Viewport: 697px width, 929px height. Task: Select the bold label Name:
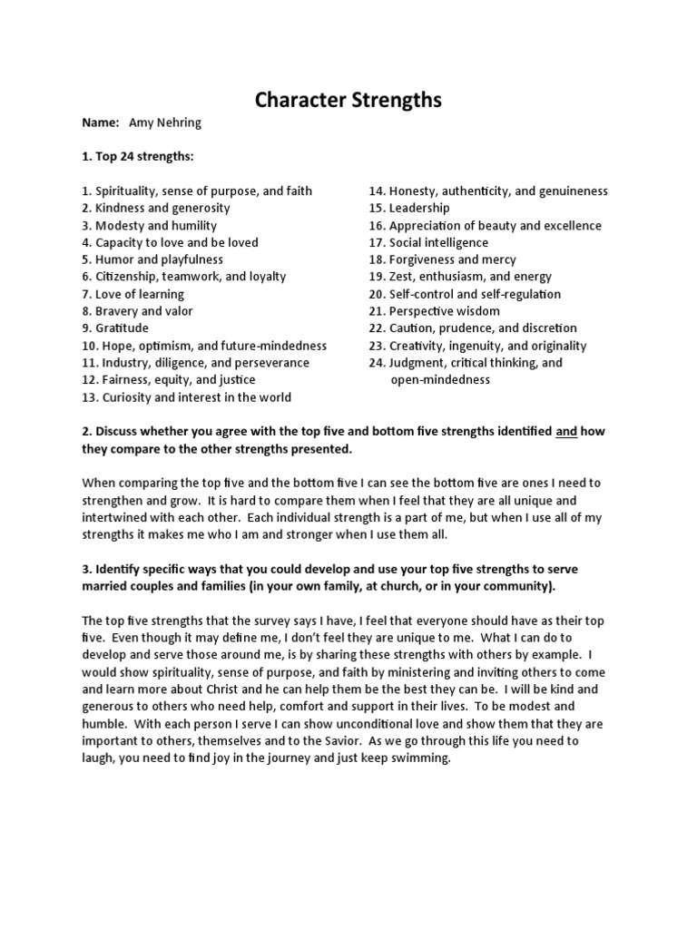pyautogui.click(x=101, y=122)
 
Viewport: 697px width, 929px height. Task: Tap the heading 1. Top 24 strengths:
pyautogui.click(x=138, y=157)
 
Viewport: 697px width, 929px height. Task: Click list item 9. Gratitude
pyautogui.click(x=115, y=328)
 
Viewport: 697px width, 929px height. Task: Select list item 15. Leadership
pyautogui.click(x=408, y=208)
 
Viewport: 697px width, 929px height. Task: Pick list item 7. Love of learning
pyautogui.click(x=133, y=294)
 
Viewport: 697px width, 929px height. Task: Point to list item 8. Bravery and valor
pyautogui.click(x=137, y=311)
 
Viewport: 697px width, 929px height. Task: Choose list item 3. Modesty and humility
pyautogui.click(x=150, y=226)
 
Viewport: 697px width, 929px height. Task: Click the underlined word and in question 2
pyautogui.click(x=565, y=432)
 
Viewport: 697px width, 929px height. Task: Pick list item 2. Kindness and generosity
pyautogui.click(x=156, y=208)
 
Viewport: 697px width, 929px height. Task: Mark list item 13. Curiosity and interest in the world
pyautogui.click(x=187, y=397)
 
